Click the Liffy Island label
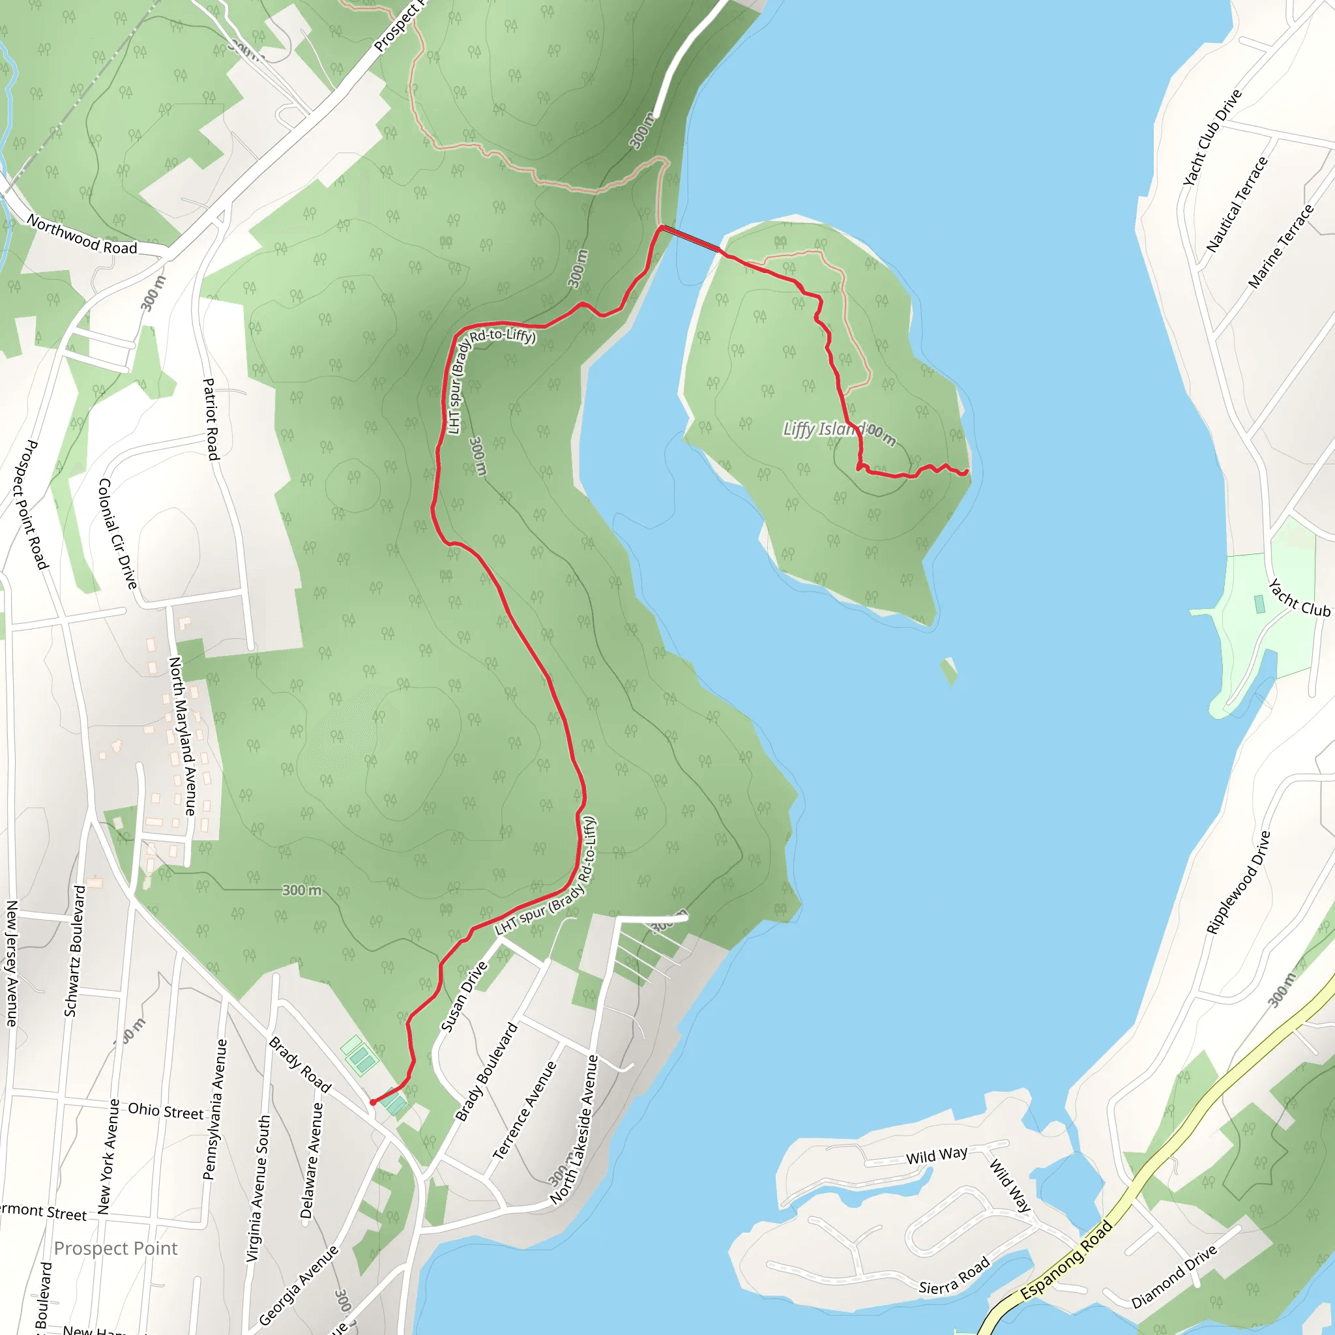(821, 429)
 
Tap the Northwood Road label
(81, 234)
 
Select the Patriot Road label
(211, 418)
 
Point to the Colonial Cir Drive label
(117, 533)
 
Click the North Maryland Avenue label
(183, 735)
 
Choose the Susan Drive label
(463, 997)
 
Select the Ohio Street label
(166, 1111)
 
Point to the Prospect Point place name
(115, 1248)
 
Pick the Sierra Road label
(954, 1276)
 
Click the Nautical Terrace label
(1237, 204)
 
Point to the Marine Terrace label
(1280, 246)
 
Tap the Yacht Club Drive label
(1212, 137)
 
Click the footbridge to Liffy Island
(691, 239)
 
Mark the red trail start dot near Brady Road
(373, 1102)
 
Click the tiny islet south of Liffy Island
(949, 669)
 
